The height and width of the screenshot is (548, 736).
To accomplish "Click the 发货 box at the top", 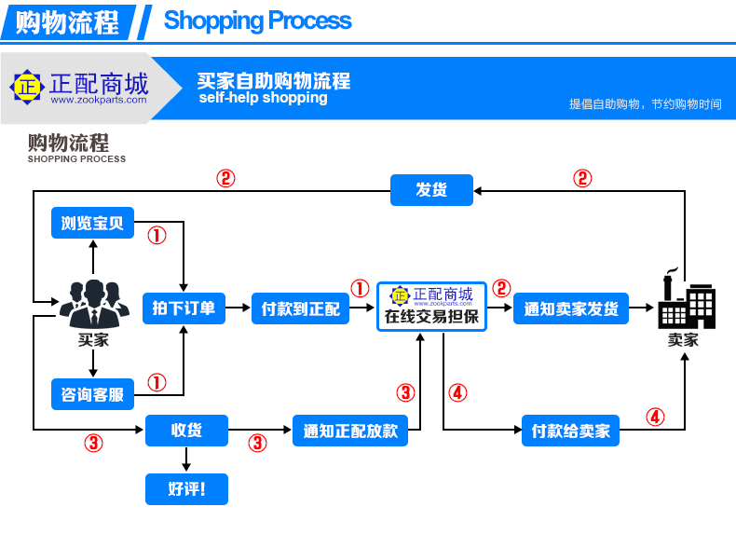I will (431, 190).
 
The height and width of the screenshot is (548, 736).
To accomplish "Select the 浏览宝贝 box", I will (92, 224).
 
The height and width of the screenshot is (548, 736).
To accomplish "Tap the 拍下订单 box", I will (184, 308).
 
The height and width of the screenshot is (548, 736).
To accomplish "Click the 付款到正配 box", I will (300, 308).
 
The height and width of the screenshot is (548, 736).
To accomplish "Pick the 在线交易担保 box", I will (431, 307).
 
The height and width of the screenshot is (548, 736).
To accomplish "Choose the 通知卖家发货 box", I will (571, 308).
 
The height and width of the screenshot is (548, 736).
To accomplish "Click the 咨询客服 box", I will (92, 394).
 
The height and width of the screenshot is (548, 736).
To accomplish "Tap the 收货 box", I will (186, 431).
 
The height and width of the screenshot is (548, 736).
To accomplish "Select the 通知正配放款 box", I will (350, 431).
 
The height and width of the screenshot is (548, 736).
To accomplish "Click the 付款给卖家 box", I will (570, 431).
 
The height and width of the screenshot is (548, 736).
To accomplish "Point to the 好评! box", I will (186, 488).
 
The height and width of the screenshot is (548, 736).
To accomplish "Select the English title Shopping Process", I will (257, 21).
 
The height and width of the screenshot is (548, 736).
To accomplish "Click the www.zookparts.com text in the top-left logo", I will (98, 100).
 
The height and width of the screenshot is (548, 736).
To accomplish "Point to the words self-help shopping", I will (263, 98).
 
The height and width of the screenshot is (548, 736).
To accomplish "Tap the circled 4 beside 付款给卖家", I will (656, 417).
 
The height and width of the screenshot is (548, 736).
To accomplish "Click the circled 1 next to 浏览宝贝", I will (157, 236).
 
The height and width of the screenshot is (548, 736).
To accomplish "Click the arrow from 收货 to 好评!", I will (186, 459).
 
